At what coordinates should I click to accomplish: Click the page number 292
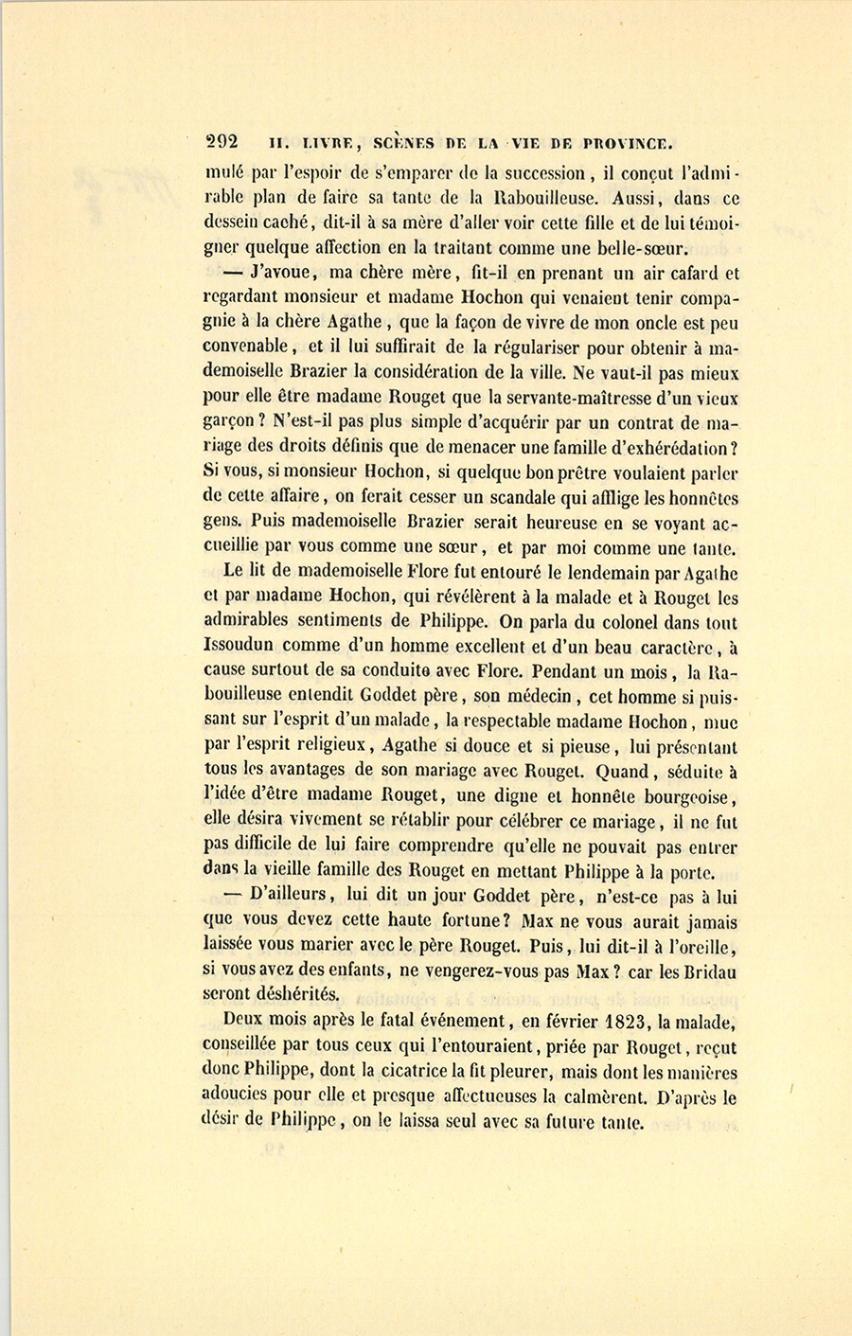222,142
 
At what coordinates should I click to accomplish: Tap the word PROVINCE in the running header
628,144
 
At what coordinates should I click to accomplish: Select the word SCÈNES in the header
403,144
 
